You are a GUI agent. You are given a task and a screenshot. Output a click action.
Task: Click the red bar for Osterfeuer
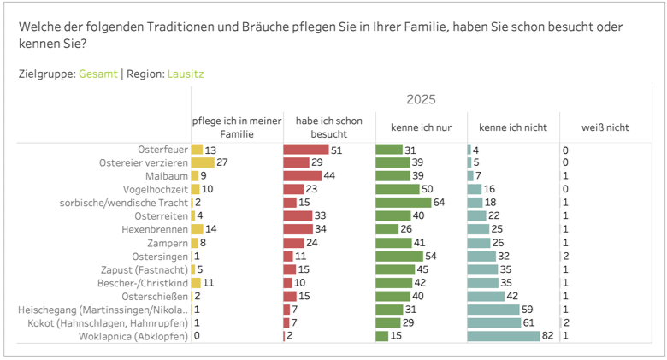point(305,150)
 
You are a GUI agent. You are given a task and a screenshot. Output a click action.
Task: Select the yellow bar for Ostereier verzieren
point(202,162)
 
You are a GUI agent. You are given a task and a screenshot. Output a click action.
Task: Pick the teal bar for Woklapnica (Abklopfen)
point(504,336)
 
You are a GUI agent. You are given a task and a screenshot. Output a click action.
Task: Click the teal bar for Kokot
point(493,322)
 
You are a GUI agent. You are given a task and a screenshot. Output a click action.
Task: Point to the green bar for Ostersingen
point(399,256)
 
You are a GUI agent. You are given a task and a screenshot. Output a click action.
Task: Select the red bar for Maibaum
point(303,176)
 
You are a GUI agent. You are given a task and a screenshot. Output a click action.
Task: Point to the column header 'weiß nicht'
point(605,127)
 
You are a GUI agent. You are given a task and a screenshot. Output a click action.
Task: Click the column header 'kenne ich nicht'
point(511,127)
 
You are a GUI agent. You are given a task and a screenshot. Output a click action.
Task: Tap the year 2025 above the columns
point(421,100)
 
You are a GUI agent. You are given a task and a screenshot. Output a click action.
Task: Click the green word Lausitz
point(185,74)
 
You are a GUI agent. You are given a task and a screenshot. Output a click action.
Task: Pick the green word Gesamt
point(97,74)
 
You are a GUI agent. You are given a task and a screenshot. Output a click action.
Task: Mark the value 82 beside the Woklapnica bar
point(547,336)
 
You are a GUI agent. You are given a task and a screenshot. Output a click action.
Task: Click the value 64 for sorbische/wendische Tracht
point(440,202)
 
